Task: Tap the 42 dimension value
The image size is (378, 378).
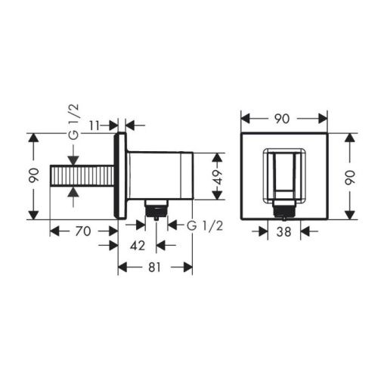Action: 138,245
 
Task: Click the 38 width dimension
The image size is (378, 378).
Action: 284,233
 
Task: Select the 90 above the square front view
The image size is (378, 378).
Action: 284,118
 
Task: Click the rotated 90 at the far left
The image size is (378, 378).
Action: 33,175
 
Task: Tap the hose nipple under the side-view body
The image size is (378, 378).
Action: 155,209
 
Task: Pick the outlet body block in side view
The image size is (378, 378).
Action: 159,175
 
